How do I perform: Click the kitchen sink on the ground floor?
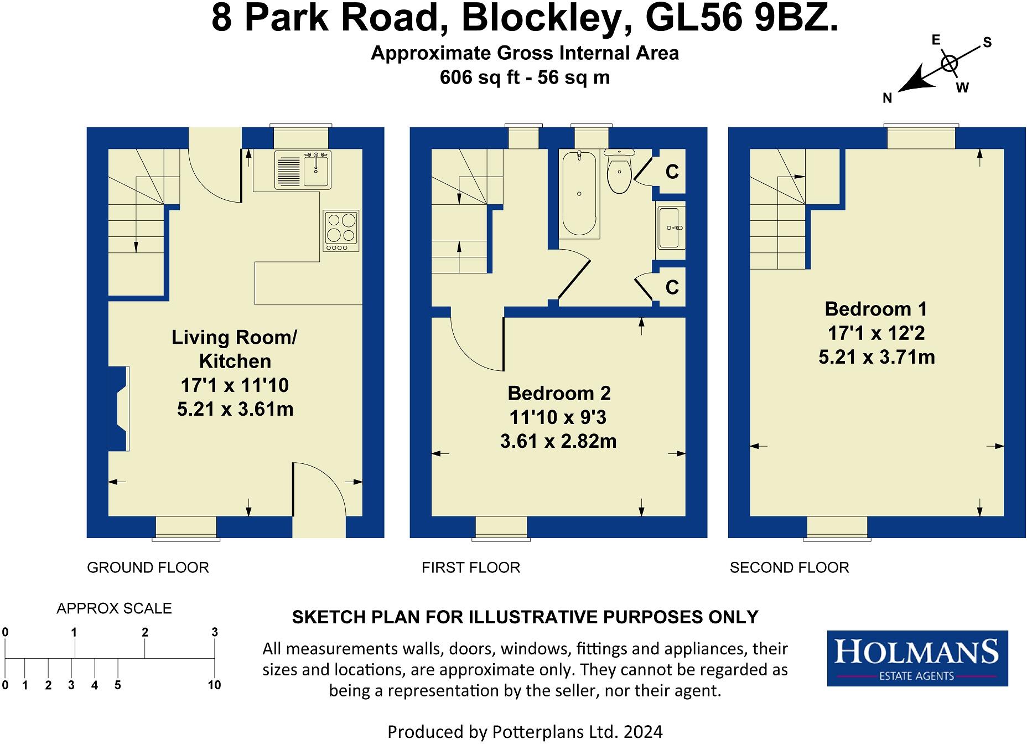303,170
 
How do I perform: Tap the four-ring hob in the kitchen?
341,228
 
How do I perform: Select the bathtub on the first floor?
579,193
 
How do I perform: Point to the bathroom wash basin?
671,228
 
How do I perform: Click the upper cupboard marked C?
672,172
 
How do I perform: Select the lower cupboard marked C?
672,287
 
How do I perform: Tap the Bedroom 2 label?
559,393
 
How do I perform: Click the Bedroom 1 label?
875,309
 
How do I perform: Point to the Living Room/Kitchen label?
235,349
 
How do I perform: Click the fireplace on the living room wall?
119,409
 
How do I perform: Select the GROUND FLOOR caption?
148,567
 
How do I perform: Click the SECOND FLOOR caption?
789,567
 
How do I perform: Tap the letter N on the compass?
888,99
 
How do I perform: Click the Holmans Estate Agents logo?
917,658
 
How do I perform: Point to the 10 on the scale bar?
214,685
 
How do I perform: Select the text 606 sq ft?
479,77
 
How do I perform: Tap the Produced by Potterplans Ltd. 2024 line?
525,732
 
